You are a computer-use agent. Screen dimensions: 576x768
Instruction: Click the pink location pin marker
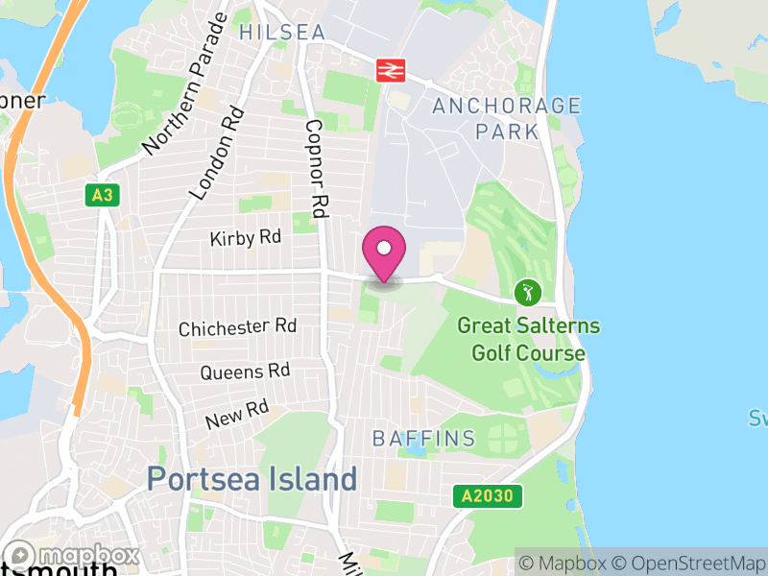coord(384,252)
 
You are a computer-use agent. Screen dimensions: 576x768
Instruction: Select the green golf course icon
coord(527,291)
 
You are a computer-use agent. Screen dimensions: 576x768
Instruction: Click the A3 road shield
coord(102,196)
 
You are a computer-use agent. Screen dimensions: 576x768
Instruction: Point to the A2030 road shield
coord(489,496)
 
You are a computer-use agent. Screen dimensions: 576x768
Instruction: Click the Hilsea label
coord(282,32)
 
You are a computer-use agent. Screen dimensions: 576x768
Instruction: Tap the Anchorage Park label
coord(507,118)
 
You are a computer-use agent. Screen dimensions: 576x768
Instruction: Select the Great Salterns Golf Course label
coord(528,339)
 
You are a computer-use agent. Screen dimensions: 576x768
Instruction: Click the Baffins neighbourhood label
coord(423,439)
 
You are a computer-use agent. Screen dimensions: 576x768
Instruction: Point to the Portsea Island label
coord(252,478)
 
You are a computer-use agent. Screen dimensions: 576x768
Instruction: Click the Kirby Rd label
coord(246,238)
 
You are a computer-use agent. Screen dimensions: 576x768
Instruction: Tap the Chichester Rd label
coord(237,327)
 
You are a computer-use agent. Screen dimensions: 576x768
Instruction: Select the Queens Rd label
coord(245,371)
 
